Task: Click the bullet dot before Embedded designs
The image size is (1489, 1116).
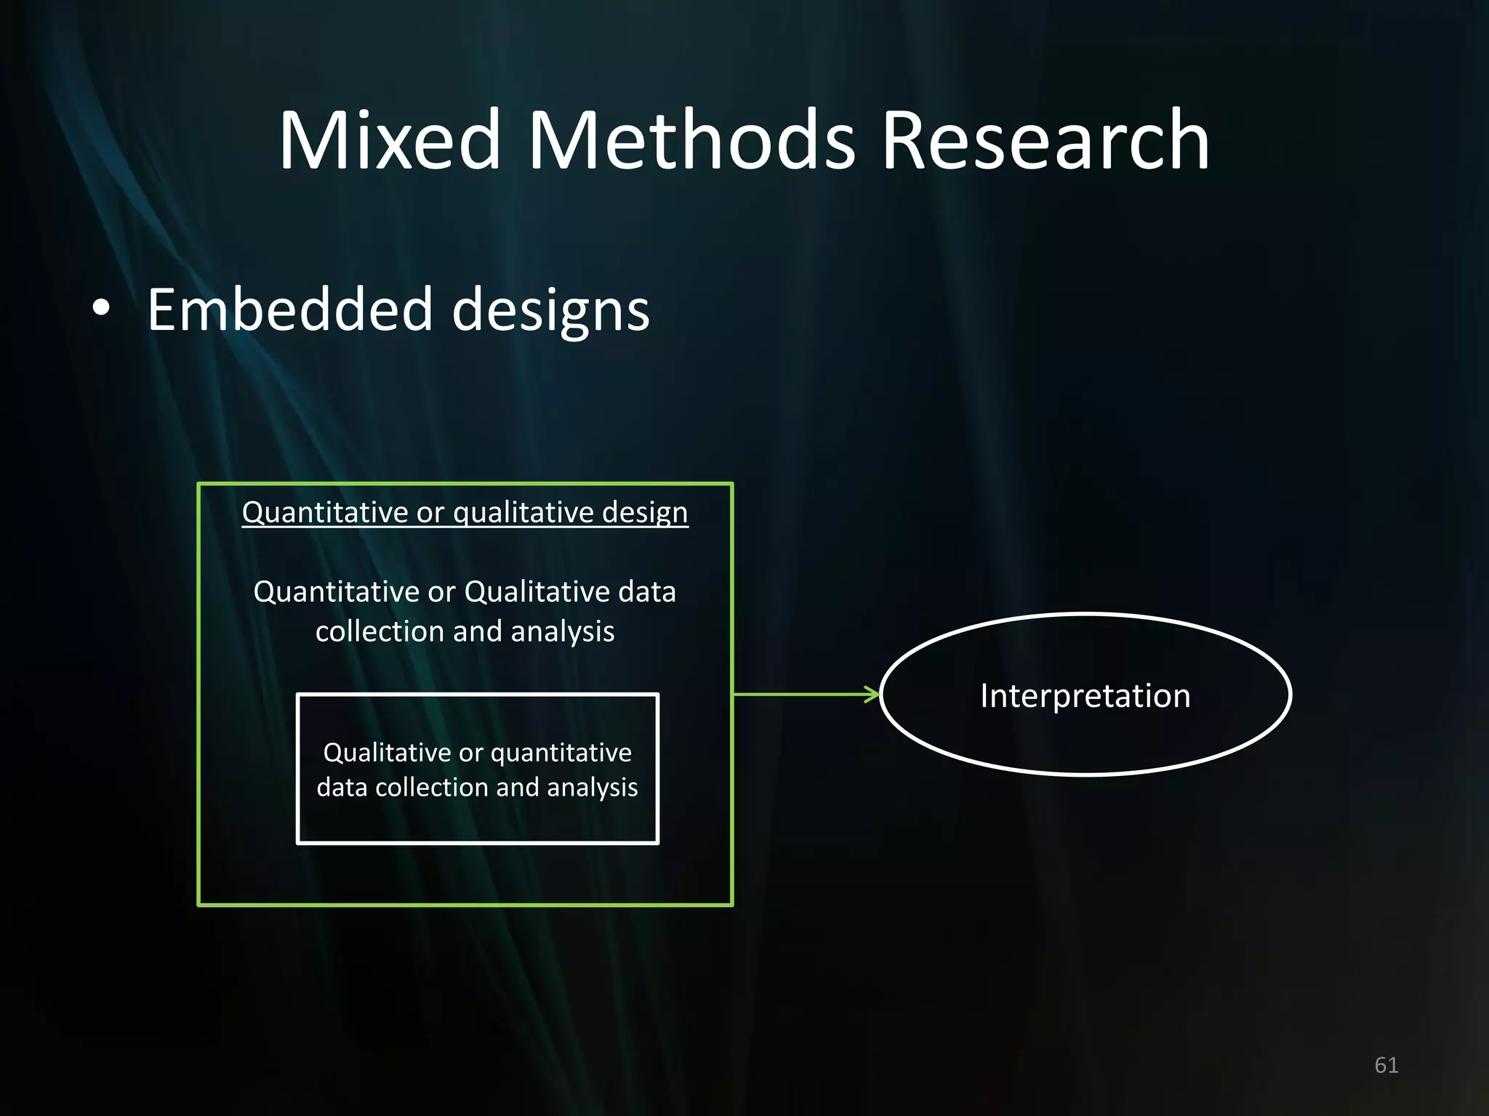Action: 102,308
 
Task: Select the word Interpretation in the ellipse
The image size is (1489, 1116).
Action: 1085,696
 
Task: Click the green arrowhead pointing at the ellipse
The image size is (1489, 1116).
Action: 872,695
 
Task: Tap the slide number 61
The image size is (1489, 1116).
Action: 1386,1065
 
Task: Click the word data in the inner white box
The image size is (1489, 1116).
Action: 342,788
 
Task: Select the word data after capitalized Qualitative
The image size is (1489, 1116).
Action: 646,592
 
